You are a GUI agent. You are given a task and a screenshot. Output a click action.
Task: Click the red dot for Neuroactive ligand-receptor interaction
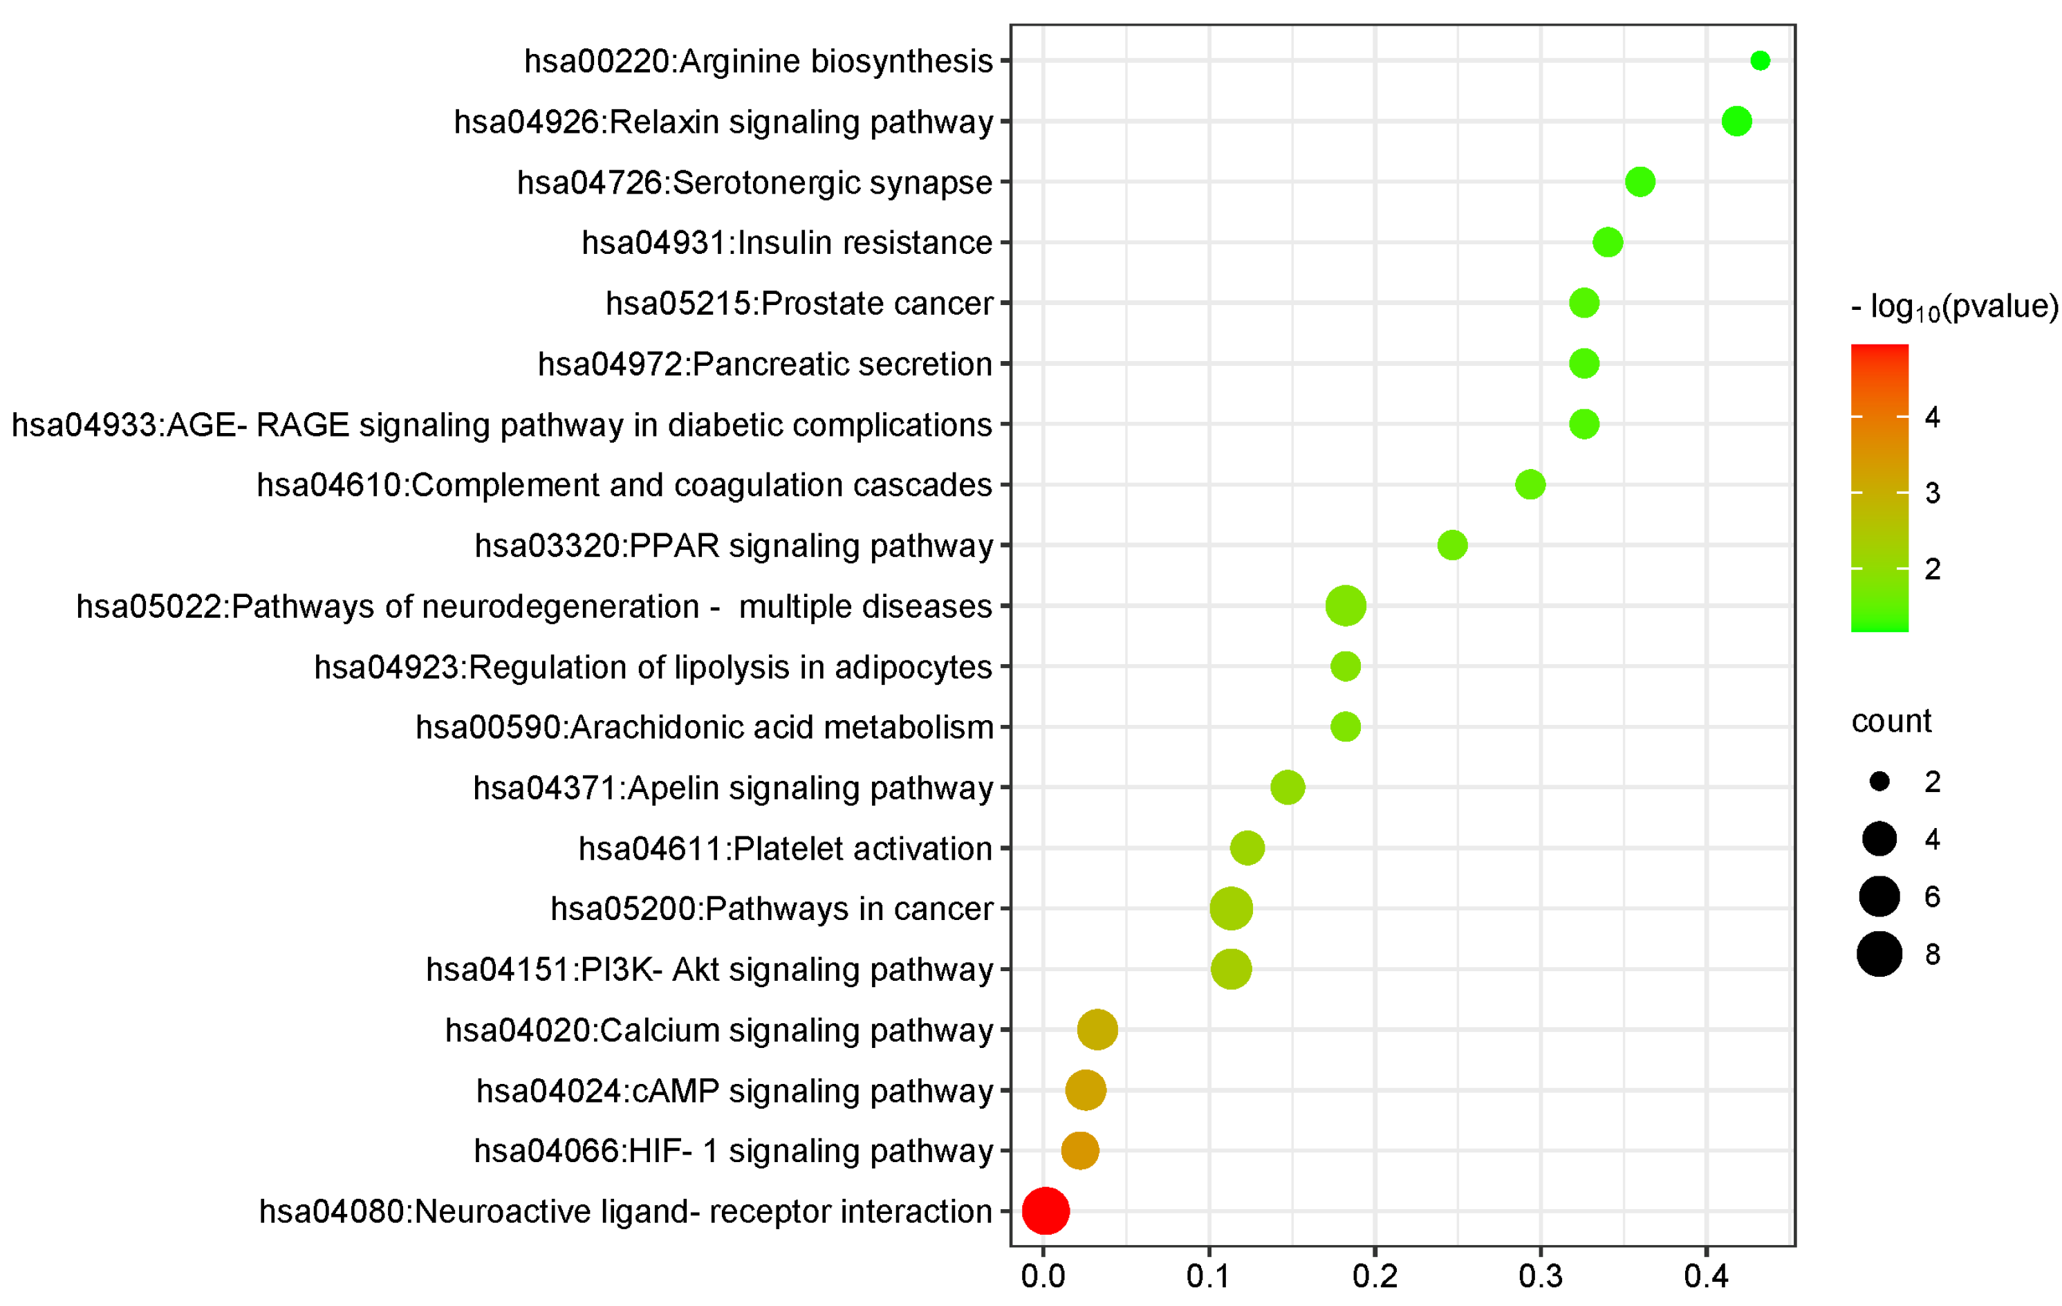pos(1046,1211)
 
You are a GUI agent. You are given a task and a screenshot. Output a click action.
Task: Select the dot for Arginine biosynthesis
pos(1760,61)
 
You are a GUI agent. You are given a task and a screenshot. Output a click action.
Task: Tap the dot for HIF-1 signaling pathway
pos(1080,1150)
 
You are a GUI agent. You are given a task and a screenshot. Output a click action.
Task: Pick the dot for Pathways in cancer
pos(1232,909)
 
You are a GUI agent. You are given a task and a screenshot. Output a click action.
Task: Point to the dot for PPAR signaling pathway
pos(1452,544)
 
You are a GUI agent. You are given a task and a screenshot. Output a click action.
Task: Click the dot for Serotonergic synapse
pos(1640,181)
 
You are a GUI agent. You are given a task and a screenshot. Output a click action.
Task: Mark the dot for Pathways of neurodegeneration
pos(1345,605)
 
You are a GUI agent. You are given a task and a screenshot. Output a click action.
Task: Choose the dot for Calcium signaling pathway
pos(1097,1029)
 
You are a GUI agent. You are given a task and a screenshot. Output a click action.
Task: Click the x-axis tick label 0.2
pos(1375,1277)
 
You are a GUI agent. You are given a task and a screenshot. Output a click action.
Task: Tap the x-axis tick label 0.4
pos(1707,1277)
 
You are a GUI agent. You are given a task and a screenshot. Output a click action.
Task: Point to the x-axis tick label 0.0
pos(1043,1277)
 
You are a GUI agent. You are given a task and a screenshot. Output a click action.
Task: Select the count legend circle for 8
pos(1879,954)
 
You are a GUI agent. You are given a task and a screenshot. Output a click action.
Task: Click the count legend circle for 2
pos(1879,781)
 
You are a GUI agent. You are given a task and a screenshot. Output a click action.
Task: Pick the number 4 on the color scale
pos(1933,417)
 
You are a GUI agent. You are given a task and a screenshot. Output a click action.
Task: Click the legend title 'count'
pos(1891,721)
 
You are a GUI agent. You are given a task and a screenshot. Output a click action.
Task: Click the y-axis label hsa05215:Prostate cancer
pos(799,303)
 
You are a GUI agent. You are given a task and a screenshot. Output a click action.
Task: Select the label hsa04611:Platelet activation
pos(786,849)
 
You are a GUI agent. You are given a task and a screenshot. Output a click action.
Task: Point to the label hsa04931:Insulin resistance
pos(787,242)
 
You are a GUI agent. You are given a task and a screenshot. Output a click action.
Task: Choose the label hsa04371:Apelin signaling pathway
pos(733,788)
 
